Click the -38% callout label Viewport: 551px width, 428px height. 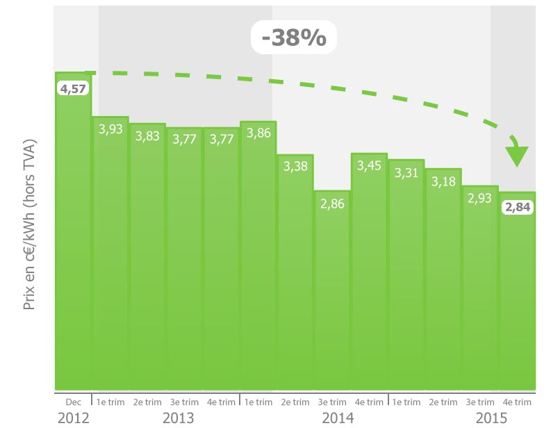294,38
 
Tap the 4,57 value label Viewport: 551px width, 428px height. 73,89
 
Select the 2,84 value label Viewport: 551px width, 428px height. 517,208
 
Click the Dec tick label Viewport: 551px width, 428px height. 73,402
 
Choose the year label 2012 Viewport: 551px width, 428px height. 73,418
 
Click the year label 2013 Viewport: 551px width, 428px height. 178,418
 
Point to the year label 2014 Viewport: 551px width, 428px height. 338,418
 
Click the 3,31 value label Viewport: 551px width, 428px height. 406,172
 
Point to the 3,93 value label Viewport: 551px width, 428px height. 110,130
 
